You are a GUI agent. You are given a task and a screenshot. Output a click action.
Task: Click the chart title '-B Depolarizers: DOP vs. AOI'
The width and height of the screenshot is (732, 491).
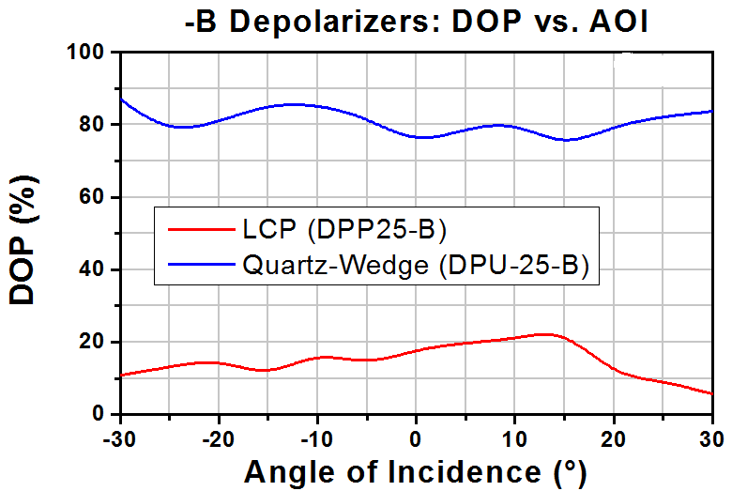click(x=417, y=21)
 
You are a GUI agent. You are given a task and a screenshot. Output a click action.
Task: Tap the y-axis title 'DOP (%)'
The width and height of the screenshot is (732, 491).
click(x=23, y=240)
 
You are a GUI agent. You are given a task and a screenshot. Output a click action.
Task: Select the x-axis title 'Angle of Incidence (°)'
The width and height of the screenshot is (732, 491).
click(x=415, y=472)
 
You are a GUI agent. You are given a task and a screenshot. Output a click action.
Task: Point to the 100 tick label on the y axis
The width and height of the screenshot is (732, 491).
click(x=85, y=52)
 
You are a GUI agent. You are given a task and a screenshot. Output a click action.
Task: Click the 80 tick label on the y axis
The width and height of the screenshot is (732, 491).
click(x=92, y=124)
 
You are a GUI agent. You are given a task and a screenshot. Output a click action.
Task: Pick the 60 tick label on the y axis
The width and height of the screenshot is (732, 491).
click(x=92, y=196)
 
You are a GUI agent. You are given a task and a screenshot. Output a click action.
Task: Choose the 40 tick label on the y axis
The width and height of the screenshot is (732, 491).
click(x=92, y=269)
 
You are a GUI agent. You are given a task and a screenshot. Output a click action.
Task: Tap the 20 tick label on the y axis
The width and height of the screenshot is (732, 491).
click(x=92, y=342)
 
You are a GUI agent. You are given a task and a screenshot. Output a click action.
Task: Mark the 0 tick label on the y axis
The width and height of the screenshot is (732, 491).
click(x=98, y=413)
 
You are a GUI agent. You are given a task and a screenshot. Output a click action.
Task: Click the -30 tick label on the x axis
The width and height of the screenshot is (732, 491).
click(x=120, y=439)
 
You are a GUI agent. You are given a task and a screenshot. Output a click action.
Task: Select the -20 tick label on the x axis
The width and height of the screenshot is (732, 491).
click(x=219, y=439)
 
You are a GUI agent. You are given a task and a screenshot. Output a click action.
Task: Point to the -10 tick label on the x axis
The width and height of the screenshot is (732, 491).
click(x=317, y=439)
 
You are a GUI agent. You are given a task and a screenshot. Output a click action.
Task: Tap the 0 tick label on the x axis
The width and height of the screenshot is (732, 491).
click(x=416, y=439)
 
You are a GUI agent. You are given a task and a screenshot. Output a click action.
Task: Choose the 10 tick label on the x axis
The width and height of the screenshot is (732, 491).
click(x=514, y=439)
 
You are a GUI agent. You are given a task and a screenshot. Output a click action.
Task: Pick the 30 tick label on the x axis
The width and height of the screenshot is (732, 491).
click(x=712, y=439)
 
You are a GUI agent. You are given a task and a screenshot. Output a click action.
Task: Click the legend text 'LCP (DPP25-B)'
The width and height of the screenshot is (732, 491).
click(x=344, y=229)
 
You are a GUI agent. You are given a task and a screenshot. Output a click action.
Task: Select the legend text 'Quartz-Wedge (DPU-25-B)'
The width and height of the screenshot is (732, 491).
click(x=416, y=265)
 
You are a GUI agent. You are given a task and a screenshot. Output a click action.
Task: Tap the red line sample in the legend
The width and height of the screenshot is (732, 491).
click(x=201, y=229)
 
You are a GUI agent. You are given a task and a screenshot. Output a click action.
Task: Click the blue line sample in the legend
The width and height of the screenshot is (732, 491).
click(x=201, y=265)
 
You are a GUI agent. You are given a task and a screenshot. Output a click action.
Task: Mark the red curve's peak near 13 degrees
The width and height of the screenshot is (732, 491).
click(x=544, y=334)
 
